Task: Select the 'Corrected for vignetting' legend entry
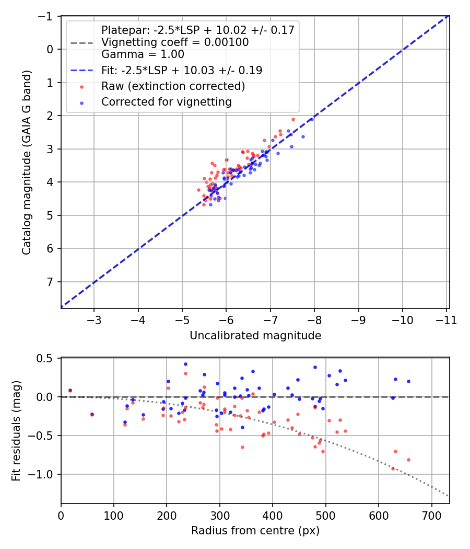166,102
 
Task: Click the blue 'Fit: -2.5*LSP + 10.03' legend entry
181,70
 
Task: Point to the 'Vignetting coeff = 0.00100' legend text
174,42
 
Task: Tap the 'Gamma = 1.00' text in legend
143,54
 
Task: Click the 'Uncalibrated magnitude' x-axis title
255,335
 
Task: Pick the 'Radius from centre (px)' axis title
255,531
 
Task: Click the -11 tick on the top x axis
446,319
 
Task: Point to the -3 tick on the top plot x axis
94,319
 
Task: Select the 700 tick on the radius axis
431,514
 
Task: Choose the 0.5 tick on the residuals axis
48,358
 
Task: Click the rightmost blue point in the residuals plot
408,381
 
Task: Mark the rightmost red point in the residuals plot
408,460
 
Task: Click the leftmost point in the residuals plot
70,391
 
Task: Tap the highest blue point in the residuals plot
185,364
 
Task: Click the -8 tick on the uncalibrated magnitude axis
314,319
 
